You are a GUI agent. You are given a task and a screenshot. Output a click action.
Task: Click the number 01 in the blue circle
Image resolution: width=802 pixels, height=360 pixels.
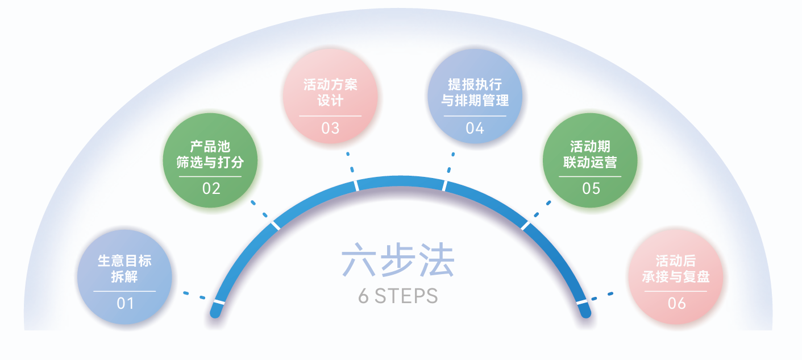tap(125, 303)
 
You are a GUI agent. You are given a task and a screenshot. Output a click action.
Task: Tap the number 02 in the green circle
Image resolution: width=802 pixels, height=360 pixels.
tap(211, 188)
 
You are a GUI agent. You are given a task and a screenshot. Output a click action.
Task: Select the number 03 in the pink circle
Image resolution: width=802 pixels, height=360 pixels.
tap(330, 128)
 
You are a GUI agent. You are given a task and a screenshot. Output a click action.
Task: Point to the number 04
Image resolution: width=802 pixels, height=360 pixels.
tap(475, 128)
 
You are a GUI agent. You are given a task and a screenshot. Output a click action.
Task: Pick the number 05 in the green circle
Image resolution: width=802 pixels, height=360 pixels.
tap(591, 188)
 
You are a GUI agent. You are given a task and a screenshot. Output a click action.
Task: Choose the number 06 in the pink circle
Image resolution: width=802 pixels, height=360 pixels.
tap(676, 303)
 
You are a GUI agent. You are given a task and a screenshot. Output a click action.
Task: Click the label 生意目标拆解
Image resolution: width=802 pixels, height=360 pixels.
tap(125, 269)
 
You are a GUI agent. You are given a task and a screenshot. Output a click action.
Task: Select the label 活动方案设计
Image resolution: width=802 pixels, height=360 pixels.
tap(330, 93)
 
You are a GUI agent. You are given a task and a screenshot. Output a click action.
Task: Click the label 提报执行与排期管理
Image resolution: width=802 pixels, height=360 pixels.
tap(475, 93)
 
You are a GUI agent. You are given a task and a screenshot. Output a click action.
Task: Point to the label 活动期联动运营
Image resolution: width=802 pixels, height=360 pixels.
tap(591, 155)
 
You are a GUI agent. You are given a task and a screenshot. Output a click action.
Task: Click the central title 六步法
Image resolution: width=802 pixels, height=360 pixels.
tap(398, 261)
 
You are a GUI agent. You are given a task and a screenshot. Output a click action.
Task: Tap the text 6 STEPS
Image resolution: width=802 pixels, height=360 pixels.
tap(398, 296)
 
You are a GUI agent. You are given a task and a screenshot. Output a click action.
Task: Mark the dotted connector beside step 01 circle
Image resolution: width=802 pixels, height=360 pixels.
tap(194, 295)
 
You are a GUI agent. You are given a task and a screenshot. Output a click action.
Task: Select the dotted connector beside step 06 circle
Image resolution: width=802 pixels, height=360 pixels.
tap(602, 296)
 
